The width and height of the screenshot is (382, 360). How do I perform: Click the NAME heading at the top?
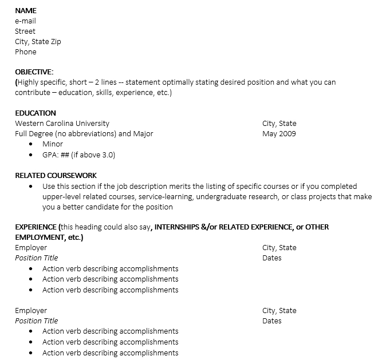pos(25,11)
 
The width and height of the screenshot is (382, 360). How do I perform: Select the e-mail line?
pos(25,21)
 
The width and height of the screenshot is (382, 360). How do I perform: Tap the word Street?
pos(25,31)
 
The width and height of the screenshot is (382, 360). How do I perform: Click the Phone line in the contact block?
pos(26,52)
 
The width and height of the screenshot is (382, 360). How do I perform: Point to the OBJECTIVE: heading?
pos(34,72)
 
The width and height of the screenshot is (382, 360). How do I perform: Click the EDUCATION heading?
pos(36,113)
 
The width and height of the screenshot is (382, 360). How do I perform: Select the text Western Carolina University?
pos(62,124)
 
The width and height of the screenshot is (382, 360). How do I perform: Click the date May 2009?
pos(279,134)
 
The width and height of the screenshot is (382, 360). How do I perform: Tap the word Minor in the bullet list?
pos(53,144)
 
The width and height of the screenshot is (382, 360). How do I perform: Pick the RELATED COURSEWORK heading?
pos(56,176)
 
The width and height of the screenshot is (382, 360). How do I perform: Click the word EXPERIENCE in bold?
pos(36,227)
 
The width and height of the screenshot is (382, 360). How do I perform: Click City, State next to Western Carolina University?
pos(279,124)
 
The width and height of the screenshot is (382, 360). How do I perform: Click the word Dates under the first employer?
pos(272,258)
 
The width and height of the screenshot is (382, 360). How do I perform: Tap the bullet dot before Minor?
pos(30,145)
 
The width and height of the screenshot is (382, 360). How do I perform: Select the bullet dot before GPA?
pos(30,155)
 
